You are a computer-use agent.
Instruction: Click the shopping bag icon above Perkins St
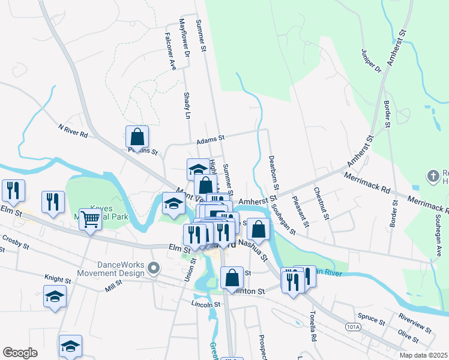(137, 137)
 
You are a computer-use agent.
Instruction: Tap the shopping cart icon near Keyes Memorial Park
(90, 219)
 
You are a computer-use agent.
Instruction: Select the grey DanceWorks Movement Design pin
(155, 268)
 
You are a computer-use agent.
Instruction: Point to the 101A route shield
(353, 327)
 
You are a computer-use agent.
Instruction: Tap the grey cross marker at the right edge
(433, 176)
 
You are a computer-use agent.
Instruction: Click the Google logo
(20, 353)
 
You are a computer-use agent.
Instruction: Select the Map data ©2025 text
(423, 355)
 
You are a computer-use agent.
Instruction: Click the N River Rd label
(73, 131)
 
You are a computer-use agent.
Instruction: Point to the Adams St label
(210, 142)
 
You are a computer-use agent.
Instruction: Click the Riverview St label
(414, 325)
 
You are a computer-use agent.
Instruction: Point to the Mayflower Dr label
(184, 37)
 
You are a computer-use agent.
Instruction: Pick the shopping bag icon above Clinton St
(232, 278)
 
